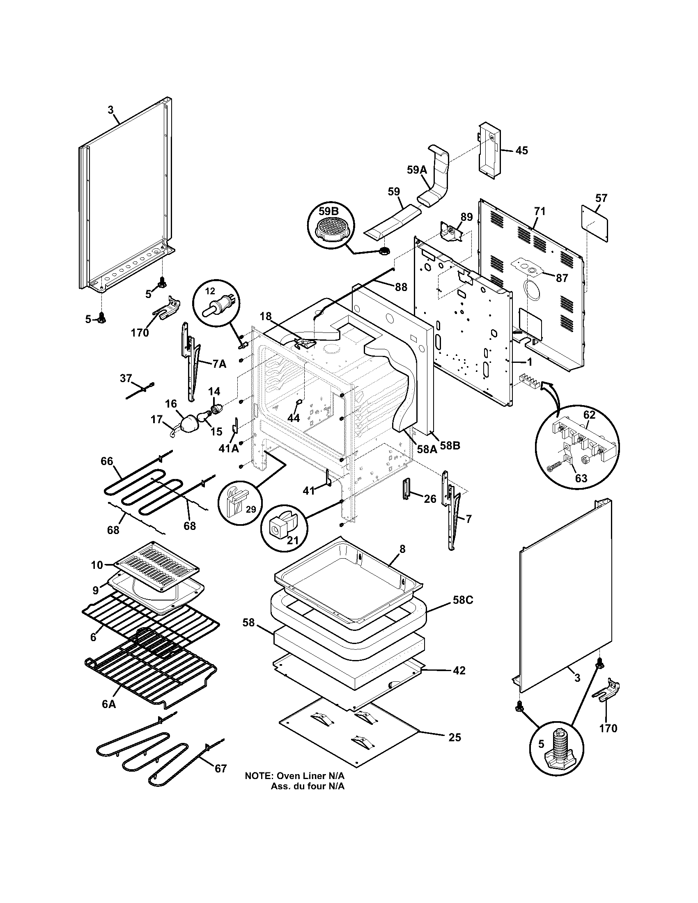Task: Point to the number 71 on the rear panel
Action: pyautogui.click(x=540, y=211)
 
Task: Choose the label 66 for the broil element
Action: pyautogui.click(x=107, y=461)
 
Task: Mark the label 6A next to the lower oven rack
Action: pyautogui.click(x=109, y=704)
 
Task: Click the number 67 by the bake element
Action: pyautogui.click(x=220, y=768)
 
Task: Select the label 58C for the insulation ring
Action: pyautogui.click(x=463, y=600)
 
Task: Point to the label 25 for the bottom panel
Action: pyautogui.click(x=455, y=737)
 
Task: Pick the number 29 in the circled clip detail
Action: pyautogui.click(x=250, y=509)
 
